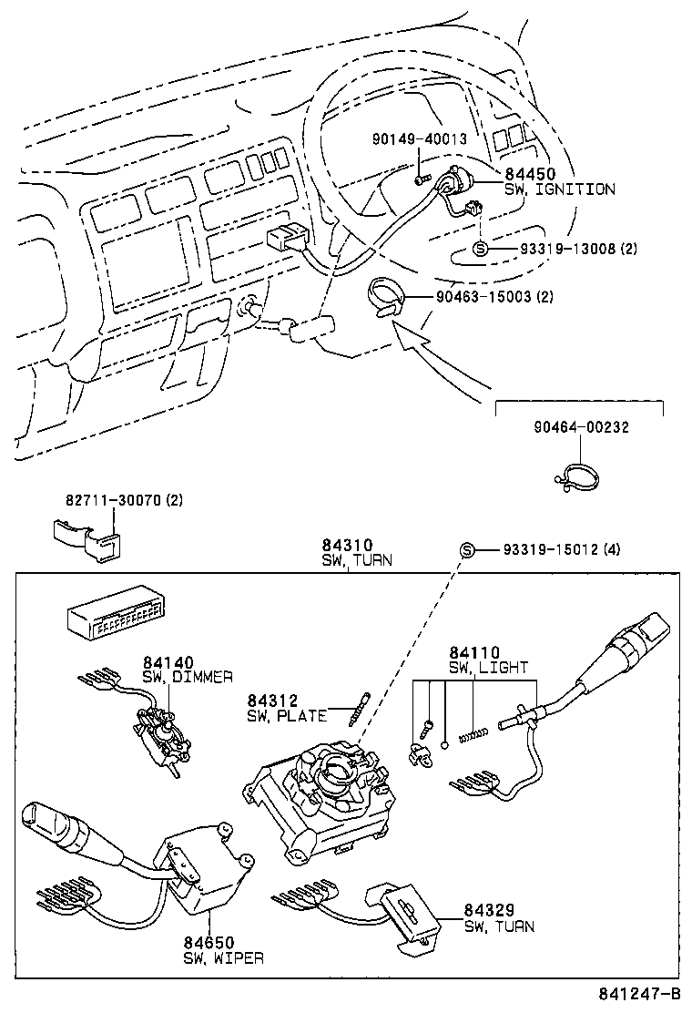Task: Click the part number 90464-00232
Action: (x=581, y=427)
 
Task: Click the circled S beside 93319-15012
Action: (x=467, y=549)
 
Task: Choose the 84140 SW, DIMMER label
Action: (x=187, y=670)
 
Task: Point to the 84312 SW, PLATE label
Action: (x=286, y=708)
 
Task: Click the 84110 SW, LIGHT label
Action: (x=487, y=660)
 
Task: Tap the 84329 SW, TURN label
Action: (x=499, y=919)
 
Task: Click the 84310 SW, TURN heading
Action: (x=356, y=553)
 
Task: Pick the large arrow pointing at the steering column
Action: (x=428, y=360)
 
